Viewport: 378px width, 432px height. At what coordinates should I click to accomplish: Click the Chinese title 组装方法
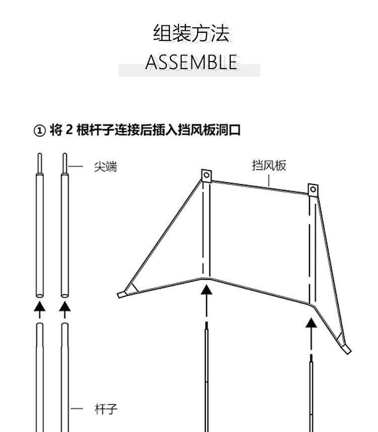pos(191,33)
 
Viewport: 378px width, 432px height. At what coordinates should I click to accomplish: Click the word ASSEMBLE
pos(191,62)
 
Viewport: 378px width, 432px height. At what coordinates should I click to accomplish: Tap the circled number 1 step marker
pos(39,131)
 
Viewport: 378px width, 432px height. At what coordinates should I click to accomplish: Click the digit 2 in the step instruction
pos(70,130)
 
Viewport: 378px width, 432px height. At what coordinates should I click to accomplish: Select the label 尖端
pos(105,167)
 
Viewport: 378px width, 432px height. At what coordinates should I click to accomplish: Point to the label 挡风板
pos(269,165)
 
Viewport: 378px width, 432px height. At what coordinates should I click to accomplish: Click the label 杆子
pos(106,409)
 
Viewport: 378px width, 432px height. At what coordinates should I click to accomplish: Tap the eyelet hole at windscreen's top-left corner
pos(206,175)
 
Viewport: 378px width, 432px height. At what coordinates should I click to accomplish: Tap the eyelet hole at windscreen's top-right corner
pos(313,190)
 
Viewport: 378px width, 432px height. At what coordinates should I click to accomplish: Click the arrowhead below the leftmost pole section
pos(40,306)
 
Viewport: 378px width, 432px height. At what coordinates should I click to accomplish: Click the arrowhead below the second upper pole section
pos(65,306)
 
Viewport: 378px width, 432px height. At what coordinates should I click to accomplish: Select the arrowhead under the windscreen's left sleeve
pos(206,290)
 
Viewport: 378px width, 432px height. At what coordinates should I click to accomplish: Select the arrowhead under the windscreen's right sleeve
pos(311,322)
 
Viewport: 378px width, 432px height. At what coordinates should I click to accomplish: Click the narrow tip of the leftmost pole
pos(40,163)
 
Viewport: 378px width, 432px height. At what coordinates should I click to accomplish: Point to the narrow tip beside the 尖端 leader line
pos(65,163)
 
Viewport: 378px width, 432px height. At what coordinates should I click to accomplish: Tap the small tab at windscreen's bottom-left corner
pos(122,295)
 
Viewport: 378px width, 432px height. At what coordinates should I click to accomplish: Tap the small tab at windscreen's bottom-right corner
pos(347,350)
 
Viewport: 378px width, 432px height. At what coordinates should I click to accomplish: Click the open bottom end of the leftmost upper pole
pos(40,296)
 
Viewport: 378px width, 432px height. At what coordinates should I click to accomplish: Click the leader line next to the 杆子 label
pos(77,409)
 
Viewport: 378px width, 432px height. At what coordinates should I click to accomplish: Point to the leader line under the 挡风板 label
pos(269,182)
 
